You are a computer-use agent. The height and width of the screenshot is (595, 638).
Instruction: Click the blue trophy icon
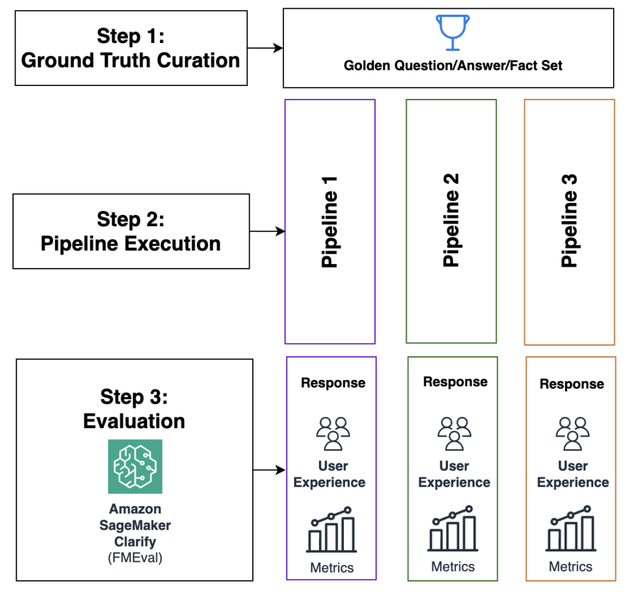(452, 32)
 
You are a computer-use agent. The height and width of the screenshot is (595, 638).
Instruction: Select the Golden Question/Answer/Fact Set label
(453, 65)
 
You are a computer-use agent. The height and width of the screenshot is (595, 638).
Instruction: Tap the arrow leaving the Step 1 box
(265, 48)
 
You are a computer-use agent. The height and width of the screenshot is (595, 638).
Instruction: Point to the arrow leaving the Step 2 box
(267, 231)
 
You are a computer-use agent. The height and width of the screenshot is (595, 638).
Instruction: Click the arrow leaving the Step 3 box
(269, 470)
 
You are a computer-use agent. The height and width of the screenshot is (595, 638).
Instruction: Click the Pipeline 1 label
(330, 222)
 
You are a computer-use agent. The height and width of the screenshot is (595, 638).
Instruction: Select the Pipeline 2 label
(451, 220)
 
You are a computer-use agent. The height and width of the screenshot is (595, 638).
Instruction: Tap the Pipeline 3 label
(569, 221)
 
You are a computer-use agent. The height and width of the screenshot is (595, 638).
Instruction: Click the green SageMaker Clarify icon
(135, 467)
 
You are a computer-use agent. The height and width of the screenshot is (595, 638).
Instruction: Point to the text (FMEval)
(135, 558)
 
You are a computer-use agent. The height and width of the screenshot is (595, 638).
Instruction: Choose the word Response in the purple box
(333, 383)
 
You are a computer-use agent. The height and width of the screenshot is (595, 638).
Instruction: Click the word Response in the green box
(455, 382)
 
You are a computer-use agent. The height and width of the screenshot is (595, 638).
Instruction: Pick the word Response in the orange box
(572, 384)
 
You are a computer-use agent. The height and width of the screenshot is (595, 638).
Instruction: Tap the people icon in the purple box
(333, 434)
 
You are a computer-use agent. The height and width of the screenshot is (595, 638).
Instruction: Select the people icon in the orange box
(573, 434)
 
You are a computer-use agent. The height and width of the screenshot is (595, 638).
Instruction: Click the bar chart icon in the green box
(452, 528)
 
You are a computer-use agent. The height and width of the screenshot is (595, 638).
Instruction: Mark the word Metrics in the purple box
(331, 568)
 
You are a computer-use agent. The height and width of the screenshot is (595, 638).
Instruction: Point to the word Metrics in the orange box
(571, 566)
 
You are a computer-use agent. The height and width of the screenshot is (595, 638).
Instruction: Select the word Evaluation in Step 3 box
(135, 421)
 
